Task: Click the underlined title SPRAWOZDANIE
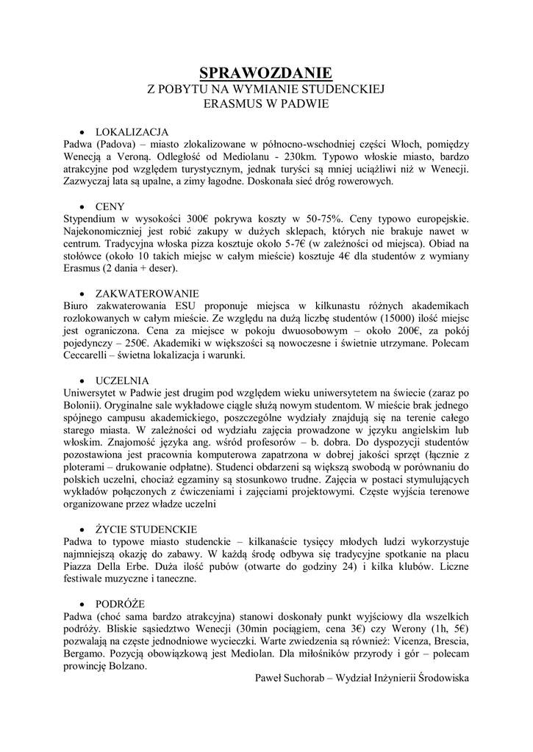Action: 266,72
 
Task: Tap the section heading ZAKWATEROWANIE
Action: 147,292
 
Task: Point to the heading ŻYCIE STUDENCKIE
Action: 146,529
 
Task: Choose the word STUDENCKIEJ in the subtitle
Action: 344,89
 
